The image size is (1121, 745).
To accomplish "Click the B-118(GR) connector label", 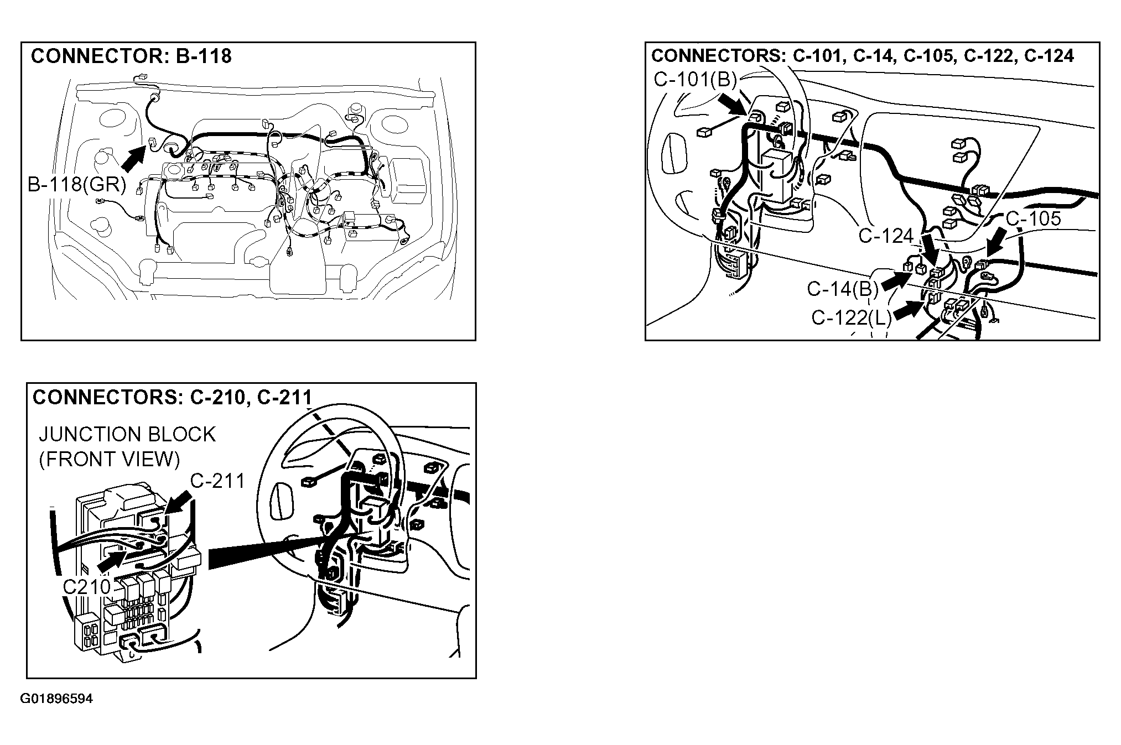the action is pyautogui.click(x=77, y=184).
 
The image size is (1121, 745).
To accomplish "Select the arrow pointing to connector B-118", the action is pyautogui.click(x=133, y=157).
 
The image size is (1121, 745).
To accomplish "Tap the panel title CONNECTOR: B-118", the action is pyautogui.click(x=131, y=56).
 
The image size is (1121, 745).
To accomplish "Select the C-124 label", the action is pyautogui.click(x=886, y=236).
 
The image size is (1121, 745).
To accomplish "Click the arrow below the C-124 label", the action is pyautogui.click(x=930, y=249).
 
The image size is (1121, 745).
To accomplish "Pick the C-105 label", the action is pyautogui.click(x=1033, y=218).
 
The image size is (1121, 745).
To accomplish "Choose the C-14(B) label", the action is pyautogui.click(x=843, y=288).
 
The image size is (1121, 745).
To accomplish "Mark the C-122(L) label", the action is pyautogui.click(x=852, y=317).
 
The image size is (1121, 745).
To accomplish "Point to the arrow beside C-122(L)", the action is pyautogui.click(x=907, y=310).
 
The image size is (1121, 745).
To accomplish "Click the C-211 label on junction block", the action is pyautogui.click(x=217, y=481).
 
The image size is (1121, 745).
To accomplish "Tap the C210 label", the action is pyautogui.click(x=87, y=587).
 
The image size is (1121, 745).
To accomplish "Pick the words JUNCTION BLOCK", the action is pyautogui.click(x=127, y=434).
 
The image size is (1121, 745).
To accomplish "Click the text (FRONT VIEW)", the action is pyautogui.click(x=110, y=460).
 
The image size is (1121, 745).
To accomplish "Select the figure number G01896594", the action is pyautogui.click(x=56, y=699).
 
